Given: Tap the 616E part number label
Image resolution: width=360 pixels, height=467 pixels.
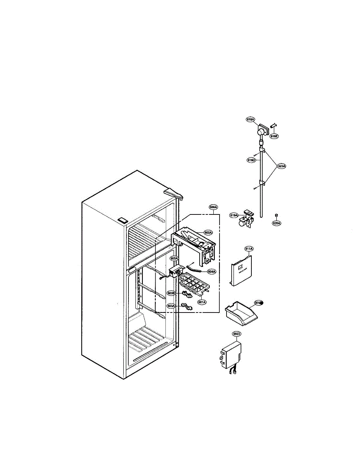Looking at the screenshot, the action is (x=274, y=136).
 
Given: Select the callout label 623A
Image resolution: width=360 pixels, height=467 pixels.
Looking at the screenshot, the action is (x=282, y=166).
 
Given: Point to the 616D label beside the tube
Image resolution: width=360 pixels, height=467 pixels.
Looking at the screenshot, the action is (x=251, y=160).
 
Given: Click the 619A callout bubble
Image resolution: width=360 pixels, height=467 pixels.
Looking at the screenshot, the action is (x=234, y=215).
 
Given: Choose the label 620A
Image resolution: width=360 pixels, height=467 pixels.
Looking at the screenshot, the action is (x=276, y=223).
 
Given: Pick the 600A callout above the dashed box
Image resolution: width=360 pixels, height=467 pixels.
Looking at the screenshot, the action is (x=213, y=207).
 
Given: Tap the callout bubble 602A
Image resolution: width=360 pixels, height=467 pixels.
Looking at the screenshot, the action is (x=208, y=233).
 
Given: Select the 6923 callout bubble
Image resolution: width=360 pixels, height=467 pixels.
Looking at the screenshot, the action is (x=237, y=334).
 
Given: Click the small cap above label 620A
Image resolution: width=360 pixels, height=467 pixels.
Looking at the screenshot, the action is (x=276, y=215).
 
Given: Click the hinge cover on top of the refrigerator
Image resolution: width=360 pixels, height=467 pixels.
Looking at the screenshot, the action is (x=174, y=193).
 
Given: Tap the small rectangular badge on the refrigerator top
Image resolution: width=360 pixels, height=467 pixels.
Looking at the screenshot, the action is (x=123, y=220).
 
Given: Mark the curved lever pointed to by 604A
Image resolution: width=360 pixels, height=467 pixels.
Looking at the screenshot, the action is (x=195, y=268).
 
